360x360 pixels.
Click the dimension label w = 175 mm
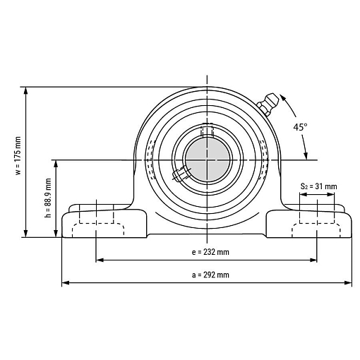(18, 155)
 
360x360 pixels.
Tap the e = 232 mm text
(210, 252)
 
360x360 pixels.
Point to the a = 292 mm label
(210, 275)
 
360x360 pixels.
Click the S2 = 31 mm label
(318, 186)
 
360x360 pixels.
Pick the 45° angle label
(300, 127)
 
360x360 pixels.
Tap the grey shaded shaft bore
(208, 160)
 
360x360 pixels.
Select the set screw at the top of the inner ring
(207, 130)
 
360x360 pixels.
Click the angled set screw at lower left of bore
(181, 174)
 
